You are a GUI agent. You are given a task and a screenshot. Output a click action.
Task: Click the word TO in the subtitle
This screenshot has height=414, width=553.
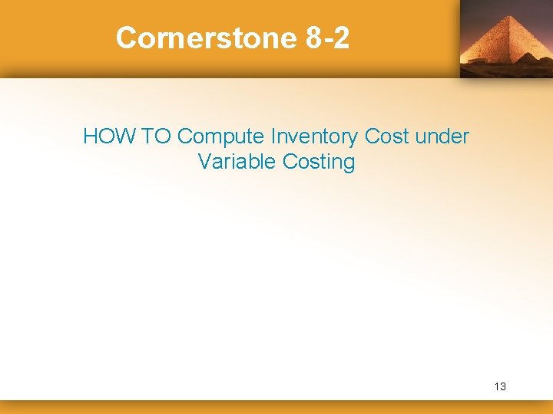157,136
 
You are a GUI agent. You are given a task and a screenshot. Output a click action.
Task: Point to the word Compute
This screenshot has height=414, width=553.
220,138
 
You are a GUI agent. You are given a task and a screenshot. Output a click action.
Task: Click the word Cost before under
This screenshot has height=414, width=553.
386,136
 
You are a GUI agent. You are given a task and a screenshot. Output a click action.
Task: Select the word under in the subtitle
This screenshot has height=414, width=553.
442,136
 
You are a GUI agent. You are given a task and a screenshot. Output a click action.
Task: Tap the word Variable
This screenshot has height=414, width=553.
237,162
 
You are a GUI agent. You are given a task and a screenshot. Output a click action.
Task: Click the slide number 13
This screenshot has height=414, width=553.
500,386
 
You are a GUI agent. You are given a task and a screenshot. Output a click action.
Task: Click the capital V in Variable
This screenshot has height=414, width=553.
205,162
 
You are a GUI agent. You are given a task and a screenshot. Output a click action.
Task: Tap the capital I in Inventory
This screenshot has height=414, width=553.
273,136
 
